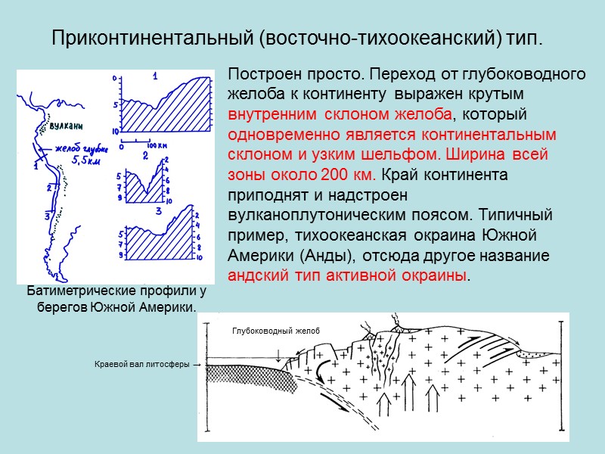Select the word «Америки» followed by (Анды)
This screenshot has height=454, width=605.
[x=259, y=253]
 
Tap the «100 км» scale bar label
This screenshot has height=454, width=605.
[x=157, y=144]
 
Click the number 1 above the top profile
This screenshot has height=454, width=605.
[x=154, y=76]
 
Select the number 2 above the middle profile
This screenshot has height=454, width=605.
[x=144, y=154]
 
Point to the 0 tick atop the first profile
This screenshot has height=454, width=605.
[x=114, y=78]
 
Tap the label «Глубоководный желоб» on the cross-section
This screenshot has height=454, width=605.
[x=275, y=331]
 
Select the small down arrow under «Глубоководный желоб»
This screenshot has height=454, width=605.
[x=278, y=355]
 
